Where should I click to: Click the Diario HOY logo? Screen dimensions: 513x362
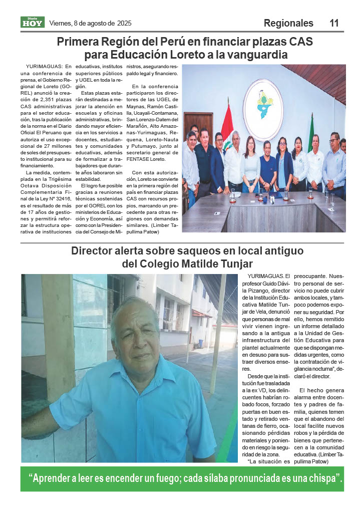(x=33, y=22)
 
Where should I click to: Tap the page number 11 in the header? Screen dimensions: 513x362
(x=334, y=23)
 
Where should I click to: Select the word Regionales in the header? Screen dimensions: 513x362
(x=288, y=23)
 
